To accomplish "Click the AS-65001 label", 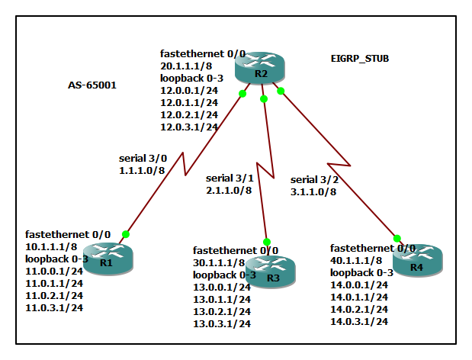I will (92, 85).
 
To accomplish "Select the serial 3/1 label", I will (230, 177).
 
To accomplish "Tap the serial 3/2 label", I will (313, 179).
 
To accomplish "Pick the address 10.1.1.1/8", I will (52, 247).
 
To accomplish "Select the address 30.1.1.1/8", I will (219, 262).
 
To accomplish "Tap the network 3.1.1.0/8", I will (314, 191).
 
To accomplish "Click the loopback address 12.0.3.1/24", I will (189, 127).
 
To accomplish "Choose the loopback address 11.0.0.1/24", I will (55, 272).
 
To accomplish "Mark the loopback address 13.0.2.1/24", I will (222, 311).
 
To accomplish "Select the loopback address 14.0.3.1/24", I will (359, 322).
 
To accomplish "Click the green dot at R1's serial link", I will (126, 234).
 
